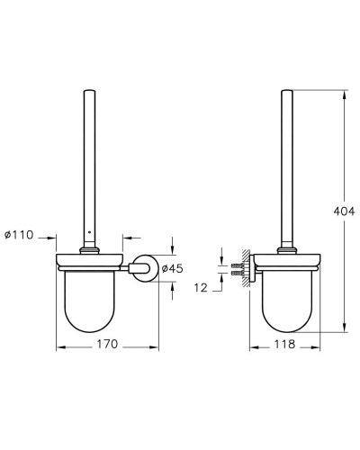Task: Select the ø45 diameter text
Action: (173, 266)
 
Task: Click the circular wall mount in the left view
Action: (140, 266)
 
